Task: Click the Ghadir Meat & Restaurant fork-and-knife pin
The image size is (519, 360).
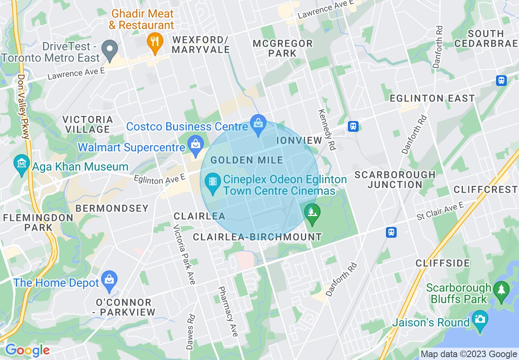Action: pyautogui.click(x=155, y=41)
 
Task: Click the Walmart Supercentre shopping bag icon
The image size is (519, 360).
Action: pyautogui.click(x=196, y=144)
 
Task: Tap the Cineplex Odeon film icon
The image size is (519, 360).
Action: pyautogui.click(x=212, y=181)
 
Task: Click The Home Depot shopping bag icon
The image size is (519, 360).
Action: pyautogui.click(x=109, y=279)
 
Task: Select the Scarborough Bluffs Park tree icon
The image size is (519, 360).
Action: pyautogui.click(x=501, y=290)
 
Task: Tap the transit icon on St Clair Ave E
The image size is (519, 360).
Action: pyautogui.click(x=391, y=232)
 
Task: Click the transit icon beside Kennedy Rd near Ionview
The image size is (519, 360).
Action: pyautogui.click(x=353, y=126)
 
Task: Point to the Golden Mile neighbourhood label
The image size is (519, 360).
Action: pyautogui.click(x=247, y=160)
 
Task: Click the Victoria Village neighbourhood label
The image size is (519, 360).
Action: pyautogui.click(x=88, y=124)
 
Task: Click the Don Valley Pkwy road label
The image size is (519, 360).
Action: pyautogui.click(x=23, y=106)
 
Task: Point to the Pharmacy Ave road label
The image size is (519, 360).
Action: pyautogui.click(x=228, y=311)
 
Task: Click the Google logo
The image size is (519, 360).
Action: pyautogui.click(x=27, y=350)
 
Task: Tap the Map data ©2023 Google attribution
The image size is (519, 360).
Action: pyautogui.click(x=469, y=354)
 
